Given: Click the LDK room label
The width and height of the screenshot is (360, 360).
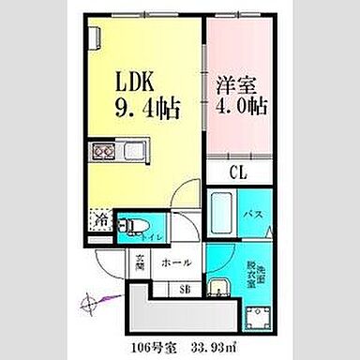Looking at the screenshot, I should [139, 80].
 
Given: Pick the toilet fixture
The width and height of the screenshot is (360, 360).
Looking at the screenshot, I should [130, 224].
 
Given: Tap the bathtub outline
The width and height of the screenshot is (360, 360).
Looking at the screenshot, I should [223, 213].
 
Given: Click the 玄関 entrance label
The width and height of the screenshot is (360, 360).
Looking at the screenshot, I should [136, 264].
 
